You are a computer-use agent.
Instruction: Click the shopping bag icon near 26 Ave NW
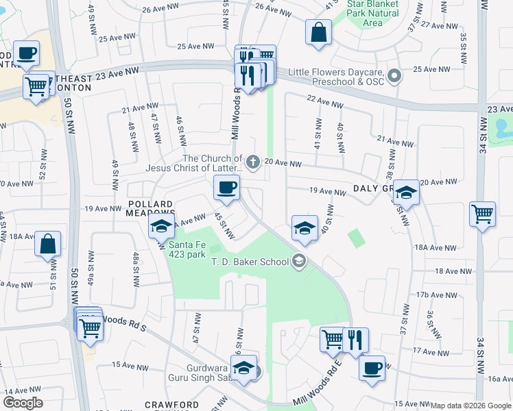click(x=319, y=32)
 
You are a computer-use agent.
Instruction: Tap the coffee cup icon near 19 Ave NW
click(x=226, y=187)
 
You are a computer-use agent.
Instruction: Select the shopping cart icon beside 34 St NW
click(x=483, y=214)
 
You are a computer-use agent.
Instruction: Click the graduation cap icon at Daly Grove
click(x=406, y=193)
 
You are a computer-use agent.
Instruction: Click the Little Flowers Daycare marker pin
click(x=394, y=75)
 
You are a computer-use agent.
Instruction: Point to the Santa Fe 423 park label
click(x=187, y=249)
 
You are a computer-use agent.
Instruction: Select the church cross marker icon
click(x=252, y=162)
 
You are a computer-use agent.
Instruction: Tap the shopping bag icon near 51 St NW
click(x=48, y=244)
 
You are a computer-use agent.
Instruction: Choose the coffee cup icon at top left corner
click(x=27, y=53)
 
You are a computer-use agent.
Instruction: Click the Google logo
click(x=23, y=403)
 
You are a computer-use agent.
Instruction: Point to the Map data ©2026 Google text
click(x=471, y=406)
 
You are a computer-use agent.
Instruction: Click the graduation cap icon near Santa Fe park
click(x=161, y=226)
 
